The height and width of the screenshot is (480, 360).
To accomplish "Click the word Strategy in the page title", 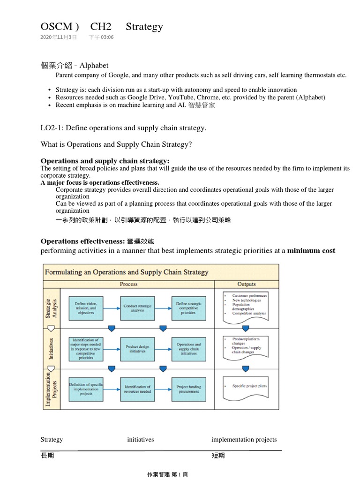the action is pos(144,27).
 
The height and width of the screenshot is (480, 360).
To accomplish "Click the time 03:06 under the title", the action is pos(105,37).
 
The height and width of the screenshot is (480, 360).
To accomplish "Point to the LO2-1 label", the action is pos(52,128).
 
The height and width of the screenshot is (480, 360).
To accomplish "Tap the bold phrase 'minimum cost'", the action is pos(311,251).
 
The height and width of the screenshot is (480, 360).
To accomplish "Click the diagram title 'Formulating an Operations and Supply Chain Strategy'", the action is pos(127,272).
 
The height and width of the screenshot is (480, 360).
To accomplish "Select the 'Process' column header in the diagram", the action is pos(128,284).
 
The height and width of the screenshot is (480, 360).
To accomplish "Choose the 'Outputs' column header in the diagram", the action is pos(247,284).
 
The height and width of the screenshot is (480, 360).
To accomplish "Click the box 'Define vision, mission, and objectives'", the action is pos(86,308).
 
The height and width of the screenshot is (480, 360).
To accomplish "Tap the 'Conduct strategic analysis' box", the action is pos(137,308).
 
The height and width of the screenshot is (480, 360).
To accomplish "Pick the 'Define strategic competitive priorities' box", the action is pos(188,308).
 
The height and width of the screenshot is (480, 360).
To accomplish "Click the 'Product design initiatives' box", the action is pos(137,349).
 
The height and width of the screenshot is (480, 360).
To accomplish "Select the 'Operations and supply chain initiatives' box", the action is pos(188,349).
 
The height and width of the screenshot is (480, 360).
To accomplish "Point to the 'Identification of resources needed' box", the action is pos(137,389).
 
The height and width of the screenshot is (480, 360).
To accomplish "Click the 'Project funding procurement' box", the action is pos(188,389).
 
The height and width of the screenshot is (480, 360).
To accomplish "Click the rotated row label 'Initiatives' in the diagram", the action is pos(52,349).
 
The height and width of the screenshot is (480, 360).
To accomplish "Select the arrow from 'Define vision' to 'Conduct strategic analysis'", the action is pos(112,308).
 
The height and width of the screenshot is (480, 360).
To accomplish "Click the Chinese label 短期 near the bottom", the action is pos(218,456).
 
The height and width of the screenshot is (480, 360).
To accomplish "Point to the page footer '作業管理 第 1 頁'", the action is pos(167,474).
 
